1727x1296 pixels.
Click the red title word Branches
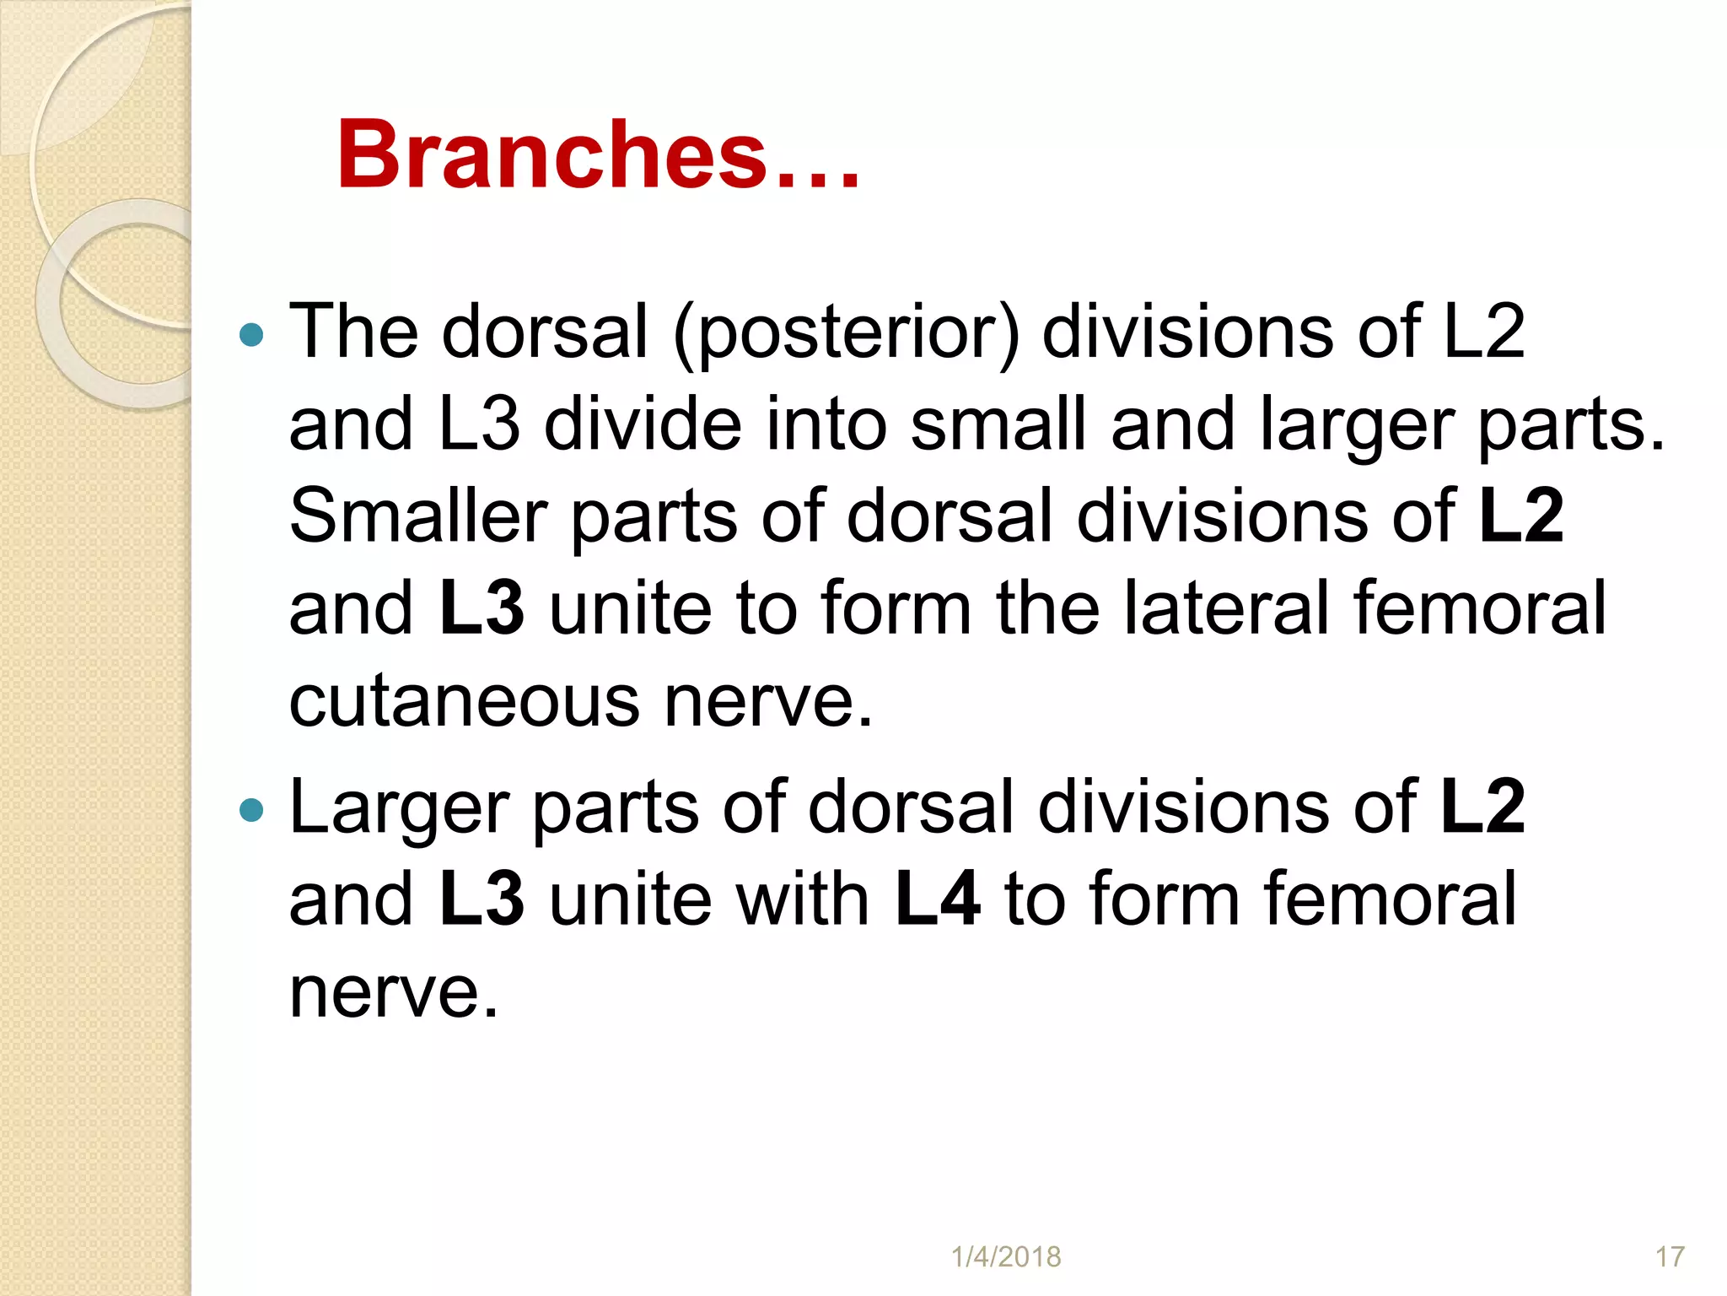(x=552, y=155)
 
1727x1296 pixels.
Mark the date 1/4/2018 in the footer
(x=1006, y=1256)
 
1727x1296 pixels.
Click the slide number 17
(x=1670, y=1256)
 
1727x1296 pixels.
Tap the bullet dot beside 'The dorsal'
(x=251, y=336)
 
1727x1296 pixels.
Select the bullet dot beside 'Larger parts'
(x=251, y=812)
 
